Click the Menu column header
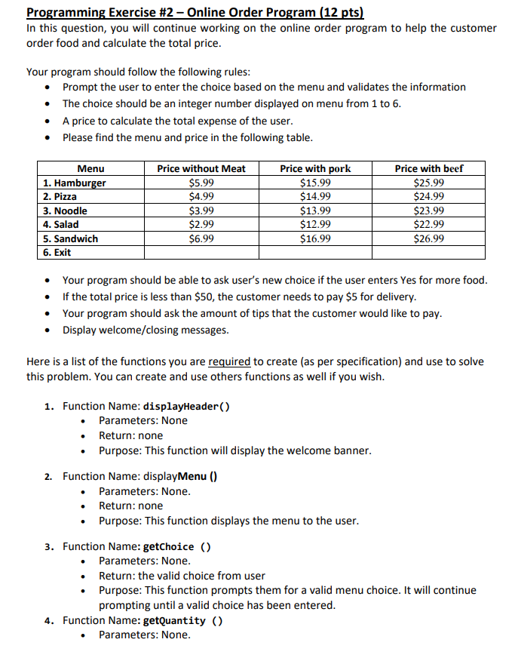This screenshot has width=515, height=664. (91, 168)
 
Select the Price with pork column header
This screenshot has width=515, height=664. (315, 168)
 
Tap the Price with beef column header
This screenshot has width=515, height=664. (429, 168)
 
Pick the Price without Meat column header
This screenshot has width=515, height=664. (201, 168)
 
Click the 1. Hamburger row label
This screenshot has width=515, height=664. (75, 183)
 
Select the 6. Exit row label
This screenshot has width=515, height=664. (57, 252)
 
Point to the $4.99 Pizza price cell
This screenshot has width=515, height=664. (201, 197)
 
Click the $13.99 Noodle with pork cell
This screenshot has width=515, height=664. (315, 211)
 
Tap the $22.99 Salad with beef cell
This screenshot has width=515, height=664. (429, 224)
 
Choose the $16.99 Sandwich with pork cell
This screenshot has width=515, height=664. (315, 238)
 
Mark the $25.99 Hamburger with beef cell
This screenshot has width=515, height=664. (429, 183)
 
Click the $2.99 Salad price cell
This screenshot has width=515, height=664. (201, 224)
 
